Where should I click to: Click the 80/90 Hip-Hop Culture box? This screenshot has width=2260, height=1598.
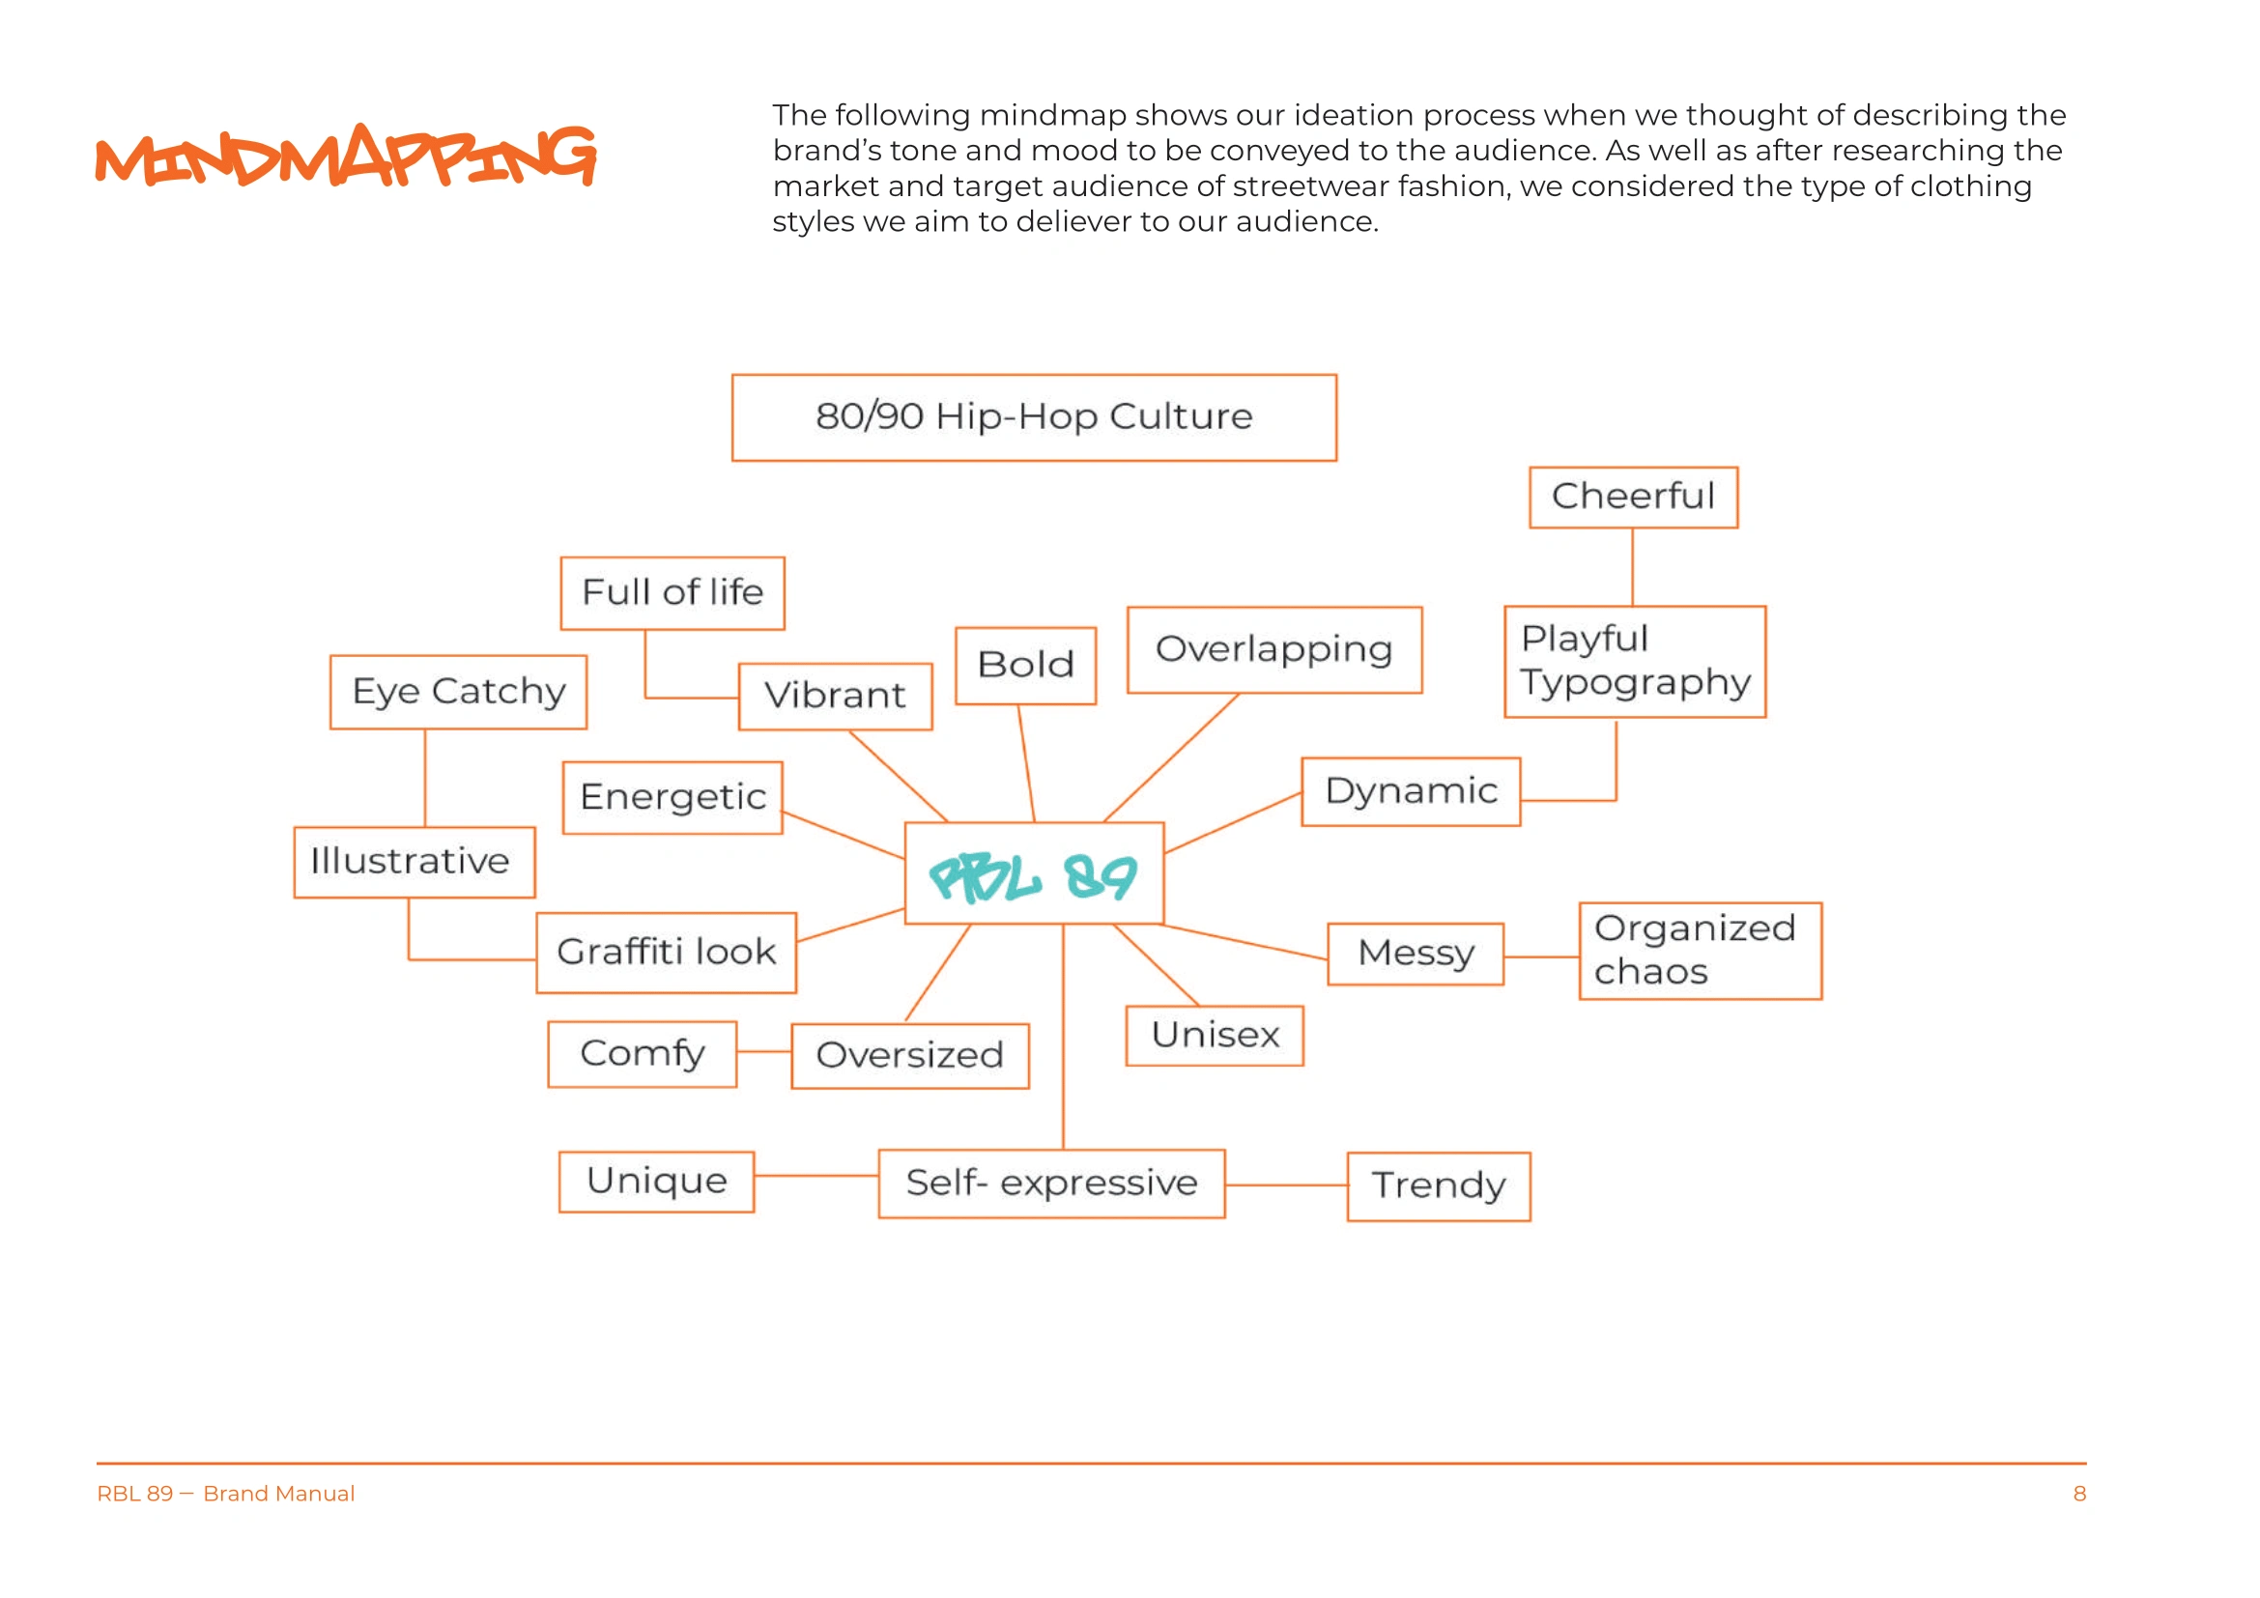pos(1034,417)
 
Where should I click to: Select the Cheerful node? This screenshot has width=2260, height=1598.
pos(1633,497)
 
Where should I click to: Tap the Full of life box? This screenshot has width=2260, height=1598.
pos(672,592)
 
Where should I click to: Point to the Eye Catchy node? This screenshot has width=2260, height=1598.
pos(459,692)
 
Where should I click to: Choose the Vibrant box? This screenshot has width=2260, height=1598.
pos(835,696)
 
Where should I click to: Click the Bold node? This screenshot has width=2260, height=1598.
pos(1026,665)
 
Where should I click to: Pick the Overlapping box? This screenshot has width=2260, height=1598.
pos(1273,649)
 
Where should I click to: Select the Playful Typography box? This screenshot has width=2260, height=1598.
pos(1635,661)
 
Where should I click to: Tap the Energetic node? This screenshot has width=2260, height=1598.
pos(672,797)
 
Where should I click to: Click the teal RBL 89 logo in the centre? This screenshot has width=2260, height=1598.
pos(1034,874)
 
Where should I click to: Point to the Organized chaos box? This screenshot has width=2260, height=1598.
pos(1700,951)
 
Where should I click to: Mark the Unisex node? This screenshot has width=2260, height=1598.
pos(1215,1035)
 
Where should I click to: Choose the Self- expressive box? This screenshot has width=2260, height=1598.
pos(1051,1183)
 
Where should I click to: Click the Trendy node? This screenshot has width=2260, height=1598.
pos(1438,1185)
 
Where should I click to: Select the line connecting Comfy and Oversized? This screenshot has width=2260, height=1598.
pos(764,1052)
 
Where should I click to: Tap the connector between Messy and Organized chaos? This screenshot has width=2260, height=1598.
pos(1541,956)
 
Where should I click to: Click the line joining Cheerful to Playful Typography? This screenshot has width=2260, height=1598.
pos(1633,567)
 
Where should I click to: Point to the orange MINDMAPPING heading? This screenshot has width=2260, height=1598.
pos(346,156)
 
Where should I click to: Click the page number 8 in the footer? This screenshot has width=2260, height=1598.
pos(2079,1494)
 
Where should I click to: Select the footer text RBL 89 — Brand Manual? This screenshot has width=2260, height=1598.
pos(225,1494)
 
